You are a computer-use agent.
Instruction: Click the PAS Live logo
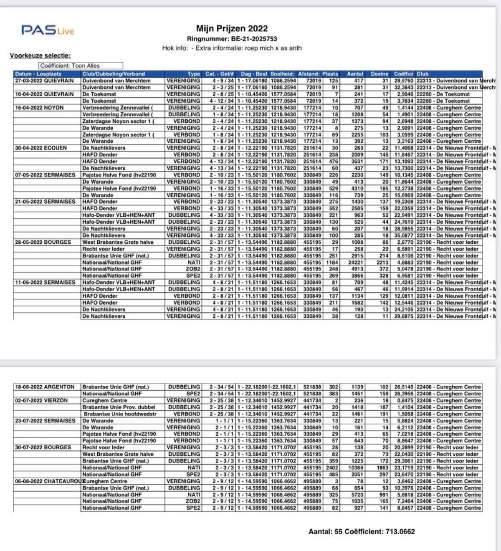[x=48, y=30]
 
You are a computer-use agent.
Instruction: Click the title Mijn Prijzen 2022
[x=232, y=29]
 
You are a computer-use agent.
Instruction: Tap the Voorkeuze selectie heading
[x=40, y=56]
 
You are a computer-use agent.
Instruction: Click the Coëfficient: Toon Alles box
[x=81, y=66]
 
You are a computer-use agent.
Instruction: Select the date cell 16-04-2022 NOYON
[x=39, y=108]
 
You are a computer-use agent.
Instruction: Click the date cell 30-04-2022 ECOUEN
[x=40, y=148]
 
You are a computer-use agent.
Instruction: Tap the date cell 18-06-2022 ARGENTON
[x=45, y=387]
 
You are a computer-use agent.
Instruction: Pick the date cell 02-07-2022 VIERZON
[x=41, y=400]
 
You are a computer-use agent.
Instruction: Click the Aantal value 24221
[x=355, y=262]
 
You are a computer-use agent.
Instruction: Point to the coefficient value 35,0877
[x=404, y=235]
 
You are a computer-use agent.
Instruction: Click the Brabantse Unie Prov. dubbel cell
[x=119, y=407]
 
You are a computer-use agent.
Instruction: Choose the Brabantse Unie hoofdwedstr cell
[x=120, y=414]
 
